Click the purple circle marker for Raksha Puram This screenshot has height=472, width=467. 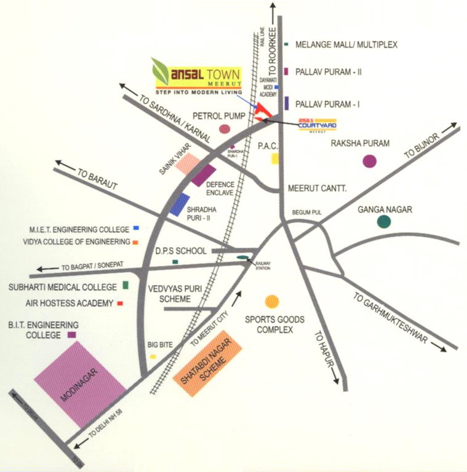(369, 161)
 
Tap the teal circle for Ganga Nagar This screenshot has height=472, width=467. (384, 222)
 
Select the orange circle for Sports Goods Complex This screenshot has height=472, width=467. (271, 301)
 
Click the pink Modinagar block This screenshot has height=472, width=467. (80, 384)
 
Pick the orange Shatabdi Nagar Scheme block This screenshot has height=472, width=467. (208, 366)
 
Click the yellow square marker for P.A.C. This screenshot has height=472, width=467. (275, 159)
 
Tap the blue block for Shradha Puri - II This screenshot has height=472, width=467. (180, 205)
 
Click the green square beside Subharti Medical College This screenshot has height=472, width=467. (126, 285)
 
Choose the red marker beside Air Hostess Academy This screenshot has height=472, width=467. (120, 304)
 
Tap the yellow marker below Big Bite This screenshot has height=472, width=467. (152, 356)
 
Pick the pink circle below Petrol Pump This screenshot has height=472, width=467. (225, 129)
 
